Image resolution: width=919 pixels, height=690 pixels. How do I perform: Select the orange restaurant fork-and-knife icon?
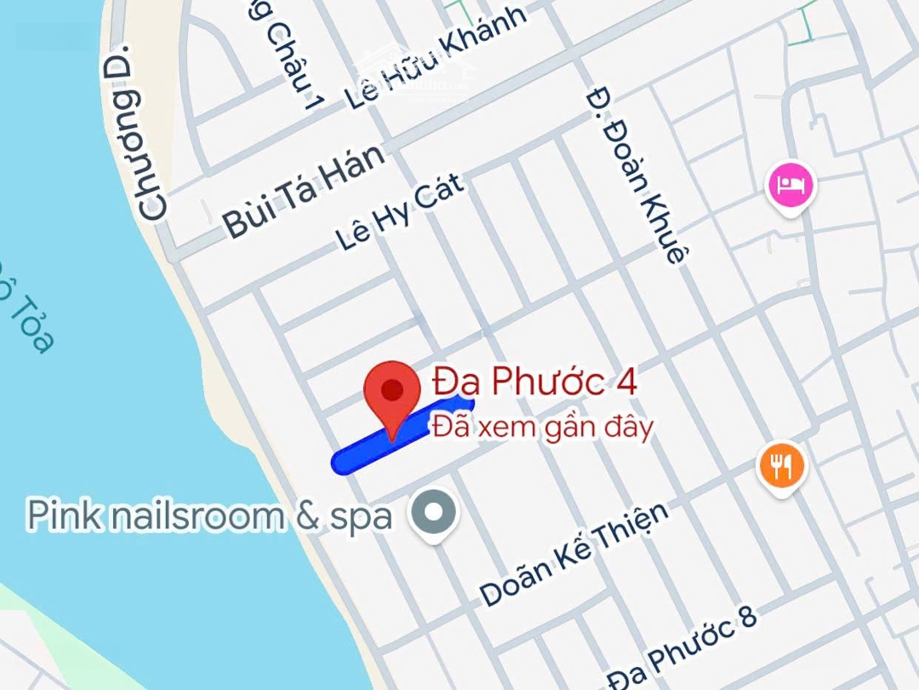coord(781,466)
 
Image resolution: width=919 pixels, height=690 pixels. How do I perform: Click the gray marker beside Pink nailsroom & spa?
coord(435,514)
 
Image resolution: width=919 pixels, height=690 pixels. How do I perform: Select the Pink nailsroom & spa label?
coord(209,516)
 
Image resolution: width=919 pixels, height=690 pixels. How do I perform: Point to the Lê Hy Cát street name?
coord(400,212)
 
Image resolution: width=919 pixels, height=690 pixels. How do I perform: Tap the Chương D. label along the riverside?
coord(140,132)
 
